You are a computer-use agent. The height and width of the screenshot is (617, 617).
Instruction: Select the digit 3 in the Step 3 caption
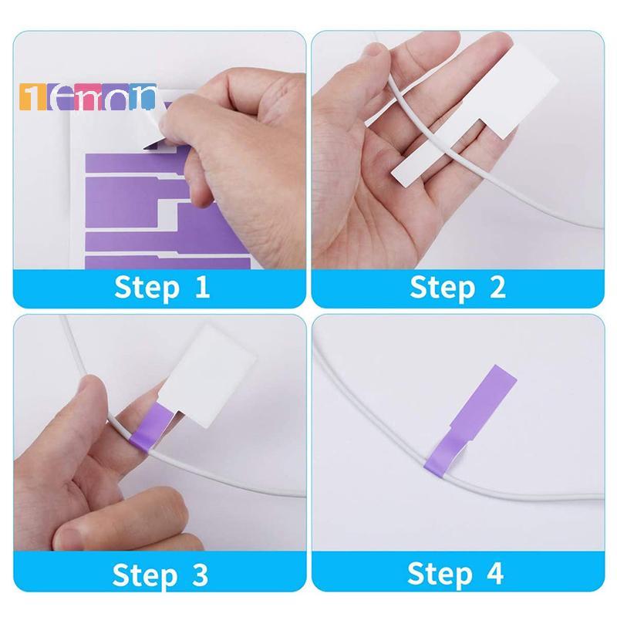tap(199, 575)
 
